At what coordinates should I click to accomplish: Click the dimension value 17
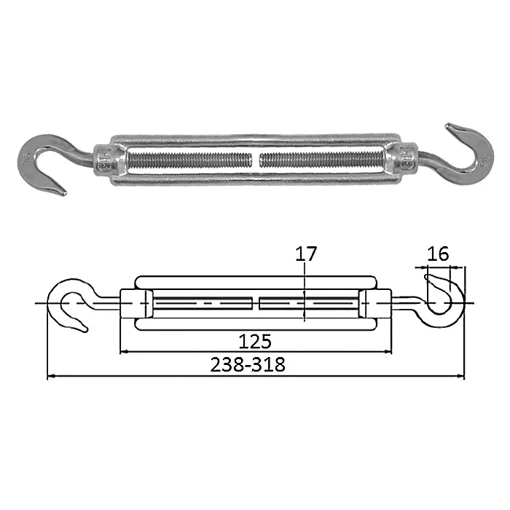coord(306,254)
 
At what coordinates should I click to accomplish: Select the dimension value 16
coord(438,254)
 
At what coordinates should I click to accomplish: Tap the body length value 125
coord(255,342)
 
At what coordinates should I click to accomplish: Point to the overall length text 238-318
coord(248,364)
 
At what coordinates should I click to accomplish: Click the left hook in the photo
coord(33,153)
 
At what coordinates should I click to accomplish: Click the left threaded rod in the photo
coord(190,160)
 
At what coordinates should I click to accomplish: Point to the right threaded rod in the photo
coord(321,160)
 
